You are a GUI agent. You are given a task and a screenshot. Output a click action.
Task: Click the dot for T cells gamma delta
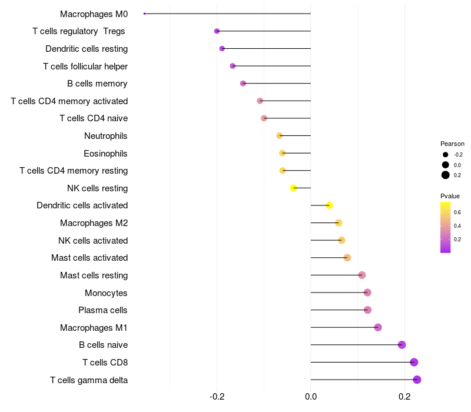pyautogui.click(x=417, y=380)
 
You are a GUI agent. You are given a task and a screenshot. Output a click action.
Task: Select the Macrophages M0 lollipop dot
pyautogui.click(x=144, y=14)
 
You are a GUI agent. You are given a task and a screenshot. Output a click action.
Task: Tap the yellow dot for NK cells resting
pyautogui.click(x=293, y=188)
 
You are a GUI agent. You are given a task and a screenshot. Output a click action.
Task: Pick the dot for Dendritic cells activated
pyautogui.click(x=329, y=205)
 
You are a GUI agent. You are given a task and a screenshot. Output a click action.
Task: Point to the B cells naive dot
pyautogui.click(x=402, y=345)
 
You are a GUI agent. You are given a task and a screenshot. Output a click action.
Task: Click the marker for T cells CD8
pyautogui.click(x=414, y=363)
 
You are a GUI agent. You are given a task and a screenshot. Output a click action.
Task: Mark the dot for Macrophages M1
pyautogui.click(x=378, y=327)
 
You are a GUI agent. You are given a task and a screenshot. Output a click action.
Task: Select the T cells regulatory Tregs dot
pyautogui.click(x=217, y=31)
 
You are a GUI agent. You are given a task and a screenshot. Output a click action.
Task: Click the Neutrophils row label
pyautogui.click(x=106, y=136)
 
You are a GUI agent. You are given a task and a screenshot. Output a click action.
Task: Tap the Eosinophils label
pyautogui.click(x=105, y=154)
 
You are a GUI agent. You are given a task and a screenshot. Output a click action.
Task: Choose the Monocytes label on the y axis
pyautogui.click(x=106, y=293)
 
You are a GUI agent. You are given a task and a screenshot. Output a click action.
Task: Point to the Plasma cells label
pyautogui.click(x=103, y=310)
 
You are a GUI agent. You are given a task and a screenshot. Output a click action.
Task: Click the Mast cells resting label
pyautogui.click(x=94, y=275)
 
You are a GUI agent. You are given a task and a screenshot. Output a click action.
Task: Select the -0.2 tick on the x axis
pyautogui.click(x=217, y=397)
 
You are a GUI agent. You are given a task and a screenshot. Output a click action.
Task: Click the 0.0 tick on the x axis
pyautogui.click(x=311, y=397)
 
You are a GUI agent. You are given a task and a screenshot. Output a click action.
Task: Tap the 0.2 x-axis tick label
pyautogui.click(x=404, y=397)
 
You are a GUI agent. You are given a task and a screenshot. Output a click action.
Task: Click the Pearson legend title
pyautogui.click(x=452, y=144)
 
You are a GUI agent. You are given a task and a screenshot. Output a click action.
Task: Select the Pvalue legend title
pyautogui.click(x=450, y=196)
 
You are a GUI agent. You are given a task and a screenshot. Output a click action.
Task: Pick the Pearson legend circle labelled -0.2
pyautogui.click(x=446, y=155)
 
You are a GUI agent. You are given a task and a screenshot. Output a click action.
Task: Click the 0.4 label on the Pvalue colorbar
pyautogui.click(x=457, y=226)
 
